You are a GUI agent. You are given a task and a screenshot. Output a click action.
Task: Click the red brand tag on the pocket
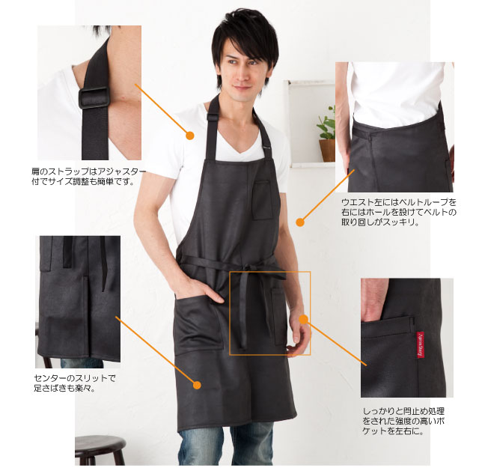pyautogui.click(x=421, y=344)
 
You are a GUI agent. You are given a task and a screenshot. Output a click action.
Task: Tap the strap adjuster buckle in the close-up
pyautogui.click(x=94, y=97)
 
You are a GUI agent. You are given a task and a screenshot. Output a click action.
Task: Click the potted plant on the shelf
pyautogui.click(x=327, y=134)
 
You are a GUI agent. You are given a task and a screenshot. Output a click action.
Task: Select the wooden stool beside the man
pyautogui.click(x=100, y=450)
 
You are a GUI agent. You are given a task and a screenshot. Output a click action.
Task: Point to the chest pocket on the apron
pyautogui.click(x=262, y=200)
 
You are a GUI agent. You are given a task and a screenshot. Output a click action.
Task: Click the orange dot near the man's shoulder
pyautogui.click(x=190, y=136)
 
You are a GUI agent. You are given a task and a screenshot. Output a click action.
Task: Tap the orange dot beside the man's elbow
pyautogui.click(x=300, y=222)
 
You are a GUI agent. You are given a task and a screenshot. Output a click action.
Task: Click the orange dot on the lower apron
pyautogui.click(x=197, y=385)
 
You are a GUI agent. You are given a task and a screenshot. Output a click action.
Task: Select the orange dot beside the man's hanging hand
pyautogui.click(x=303, y=320)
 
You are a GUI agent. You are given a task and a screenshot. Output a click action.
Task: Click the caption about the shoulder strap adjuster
pyautogui.click(x=88, y=177)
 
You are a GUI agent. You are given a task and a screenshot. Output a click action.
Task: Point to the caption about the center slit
pyautogui.click(x=75, y=383)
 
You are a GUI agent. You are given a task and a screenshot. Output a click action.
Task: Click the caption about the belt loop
pyautogui.click(x=399, y=212)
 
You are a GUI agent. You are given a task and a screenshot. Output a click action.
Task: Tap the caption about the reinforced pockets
pyautogui.click(x=403, y=422)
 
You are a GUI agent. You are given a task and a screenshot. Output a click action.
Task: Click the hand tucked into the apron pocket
pyautogui.click(x=207, y=291)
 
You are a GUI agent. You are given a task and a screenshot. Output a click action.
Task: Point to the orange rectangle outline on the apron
pyautogui.click(x=269, y=272)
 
